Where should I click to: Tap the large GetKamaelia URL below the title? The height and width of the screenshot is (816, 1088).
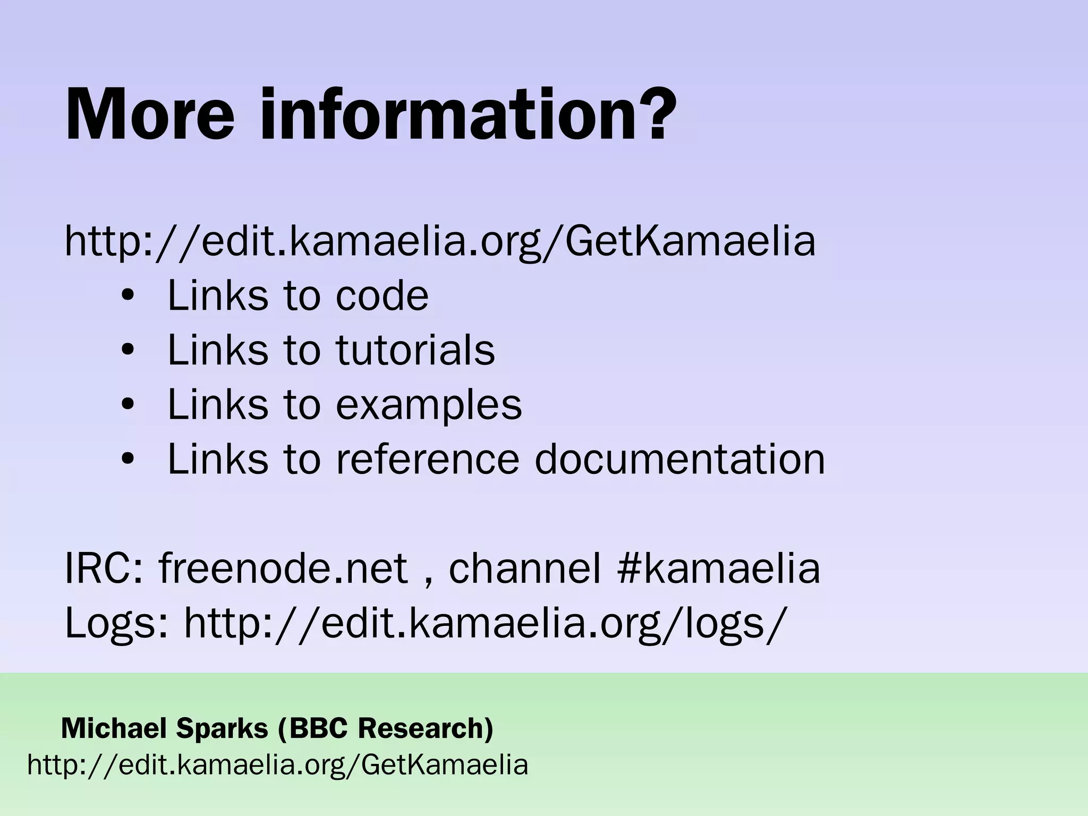[440, 241]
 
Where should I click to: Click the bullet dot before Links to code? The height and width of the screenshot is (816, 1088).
[128, 296]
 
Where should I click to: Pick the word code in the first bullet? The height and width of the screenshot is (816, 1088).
[382, 296]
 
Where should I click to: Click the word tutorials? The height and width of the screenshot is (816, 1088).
[415, 350]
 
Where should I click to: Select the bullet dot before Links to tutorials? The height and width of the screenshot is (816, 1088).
[128, 351]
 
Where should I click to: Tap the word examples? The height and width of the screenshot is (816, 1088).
[429, 405]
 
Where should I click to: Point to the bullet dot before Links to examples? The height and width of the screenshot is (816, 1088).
[128, 405]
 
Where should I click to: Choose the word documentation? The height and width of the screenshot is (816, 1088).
[679, 459]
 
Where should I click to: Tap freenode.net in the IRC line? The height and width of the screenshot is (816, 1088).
[283, 568]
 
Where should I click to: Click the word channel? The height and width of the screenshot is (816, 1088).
[525, 568]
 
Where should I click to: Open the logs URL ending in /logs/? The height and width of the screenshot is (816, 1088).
[484, 623]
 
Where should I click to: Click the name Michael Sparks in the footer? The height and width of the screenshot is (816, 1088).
[165, 728]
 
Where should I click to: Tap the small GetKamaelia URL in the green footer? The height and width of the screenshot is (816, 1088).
[278, 766]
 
